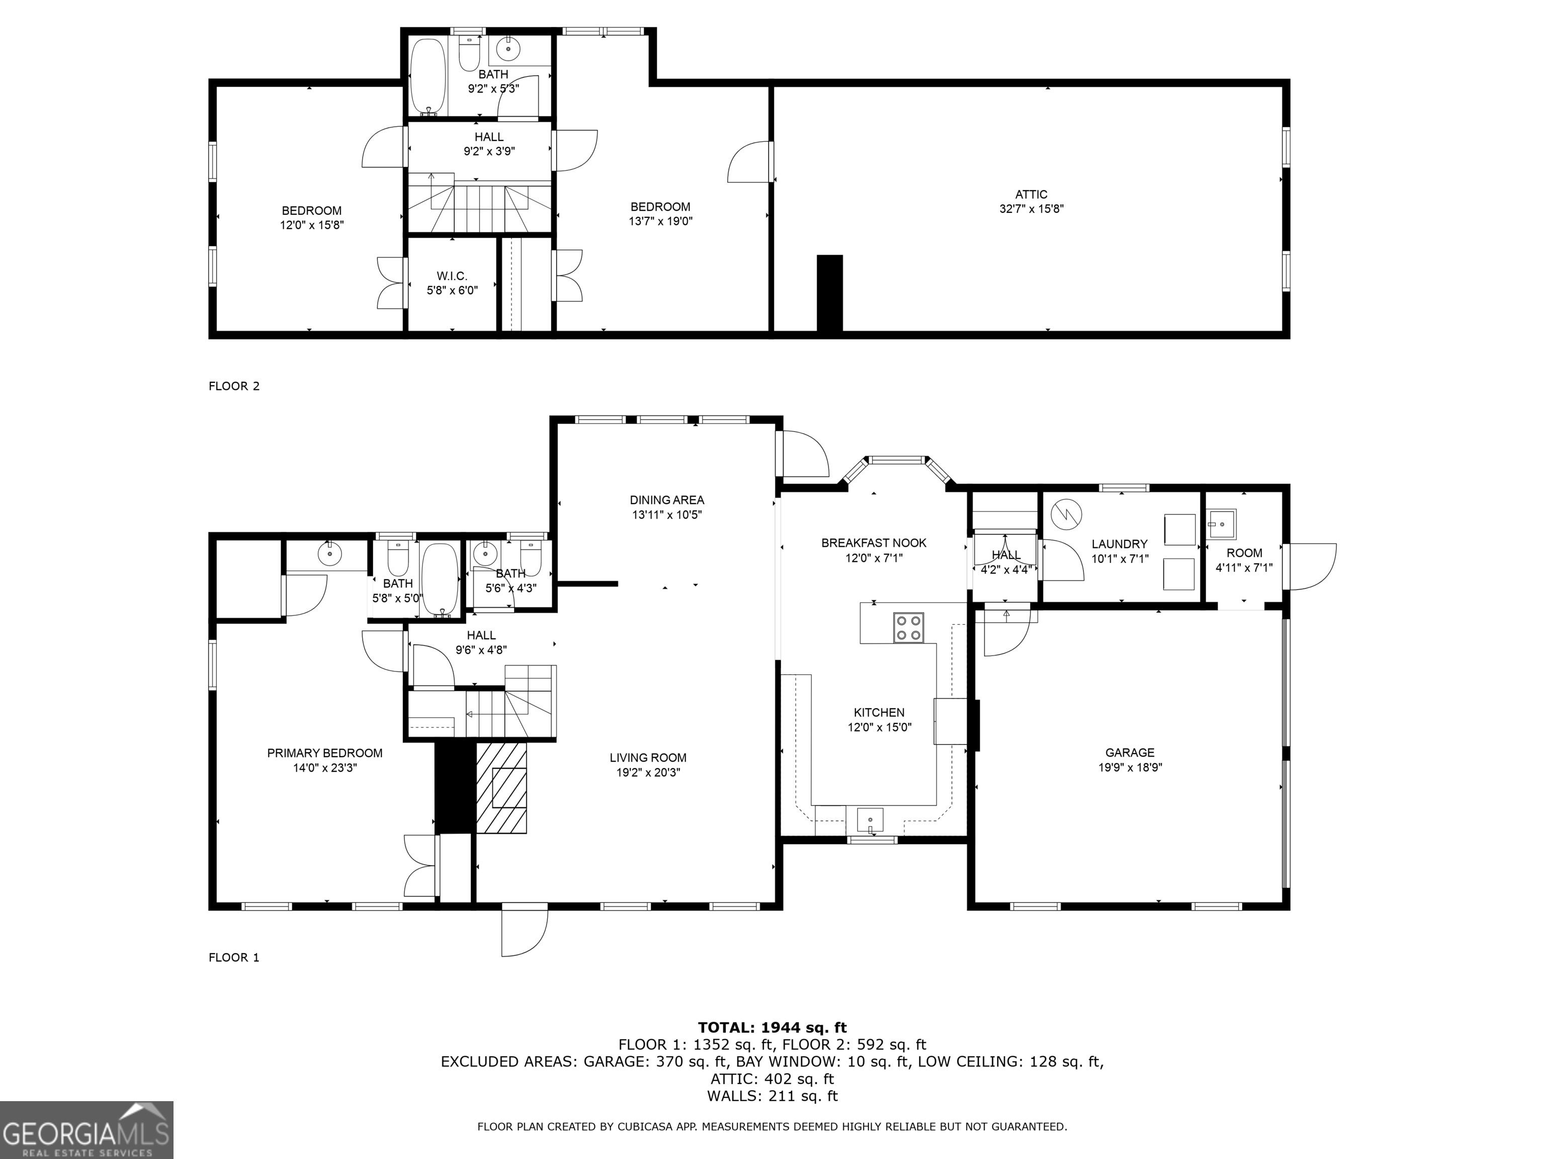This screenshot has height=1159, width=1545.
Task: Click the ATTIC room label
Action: tap(1031, 195)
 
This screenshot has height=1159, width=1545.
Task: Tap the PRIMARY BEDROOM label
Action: tap(325, 753)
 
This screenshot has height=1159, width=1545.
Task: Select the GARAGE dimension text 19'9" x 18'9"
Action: tap(1130, 767)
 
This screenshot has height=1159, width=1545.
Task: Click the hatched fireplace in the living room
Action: tap(501, 788)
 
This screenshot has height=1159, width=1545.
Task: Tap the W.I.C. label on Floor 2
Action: tap(452, 277)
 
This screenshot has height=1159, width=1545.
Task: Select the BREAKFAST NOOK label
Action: tap(874, 543)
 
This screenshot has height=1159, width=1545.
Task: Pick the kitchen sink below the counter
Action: tap(870, 819)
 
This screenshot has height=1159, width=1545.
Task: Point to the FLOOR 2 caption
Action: tap(234, 386)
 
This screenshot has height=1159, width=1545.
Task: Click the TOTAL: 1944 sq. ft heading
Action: tap(772, 1027)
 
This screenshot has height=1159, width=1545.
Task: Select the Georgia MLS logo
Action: tap(86, 1130)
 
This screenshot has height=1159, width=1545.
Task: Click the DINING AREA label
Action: tap(667, 500)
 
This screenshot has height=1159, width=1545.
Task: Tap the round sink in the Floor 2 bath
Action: tap(508, 48)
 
